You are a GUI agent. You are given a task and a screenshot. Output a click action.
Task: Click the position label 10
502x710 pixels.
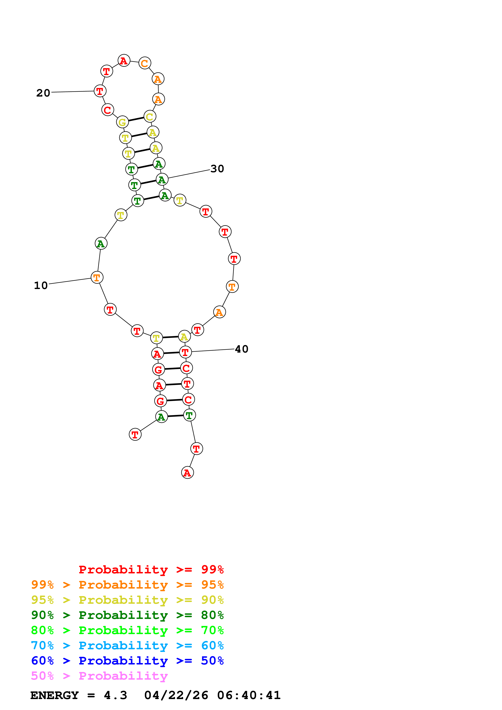click(41, 285)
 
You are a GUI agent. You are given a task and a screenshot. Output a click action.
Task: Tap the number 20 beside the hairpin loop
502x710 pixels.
click(43, 93)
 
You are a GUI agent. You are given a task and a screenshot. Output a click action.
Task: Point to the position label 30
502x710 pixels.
click(217, 169)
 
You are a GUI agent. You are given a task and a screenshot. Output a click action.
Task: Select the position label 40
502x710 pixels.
click(242, 349)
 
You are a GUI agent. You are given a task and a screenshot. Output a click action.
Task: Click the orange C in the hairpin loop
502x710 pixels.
click(145, 63)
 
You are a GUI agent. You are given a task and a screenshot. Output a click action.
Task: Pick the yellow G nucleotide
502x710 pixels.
click(123, 122)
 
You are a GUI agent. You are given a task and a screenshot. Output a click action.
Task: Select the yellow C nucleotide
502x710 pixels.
click(150, 117)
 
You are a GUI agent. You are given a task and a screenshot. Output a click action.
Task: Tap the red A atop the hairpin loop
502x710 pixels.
click(124, 61)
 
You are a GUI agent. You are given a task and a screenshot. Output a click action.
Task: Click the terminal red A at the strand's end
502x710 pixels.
click(187, 473)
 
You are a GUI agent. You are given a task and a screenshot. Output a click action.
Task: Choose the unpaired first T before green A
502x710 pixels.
click(135, 435)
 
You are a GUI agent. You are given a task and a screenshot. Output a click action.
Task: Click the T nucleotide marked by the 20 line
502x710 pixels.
click(100, 91)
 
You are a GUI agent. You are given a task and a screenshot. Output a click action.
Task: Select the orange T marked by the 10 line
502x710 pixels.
click(97, 277)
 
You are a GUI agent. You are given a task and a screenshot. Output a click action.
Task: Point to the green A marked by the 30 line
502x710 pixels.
click(162, 180)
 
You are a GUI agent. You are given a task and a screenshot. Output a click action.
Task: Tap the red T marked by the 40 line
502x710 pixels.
click(185, 352)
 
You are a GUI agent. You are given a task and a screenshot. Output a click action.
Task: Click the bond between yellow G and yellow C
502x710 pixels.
click(136, 119)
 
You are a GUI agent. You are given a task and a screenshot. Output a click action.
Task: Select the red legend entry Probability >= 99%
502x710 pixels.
click(151, 570)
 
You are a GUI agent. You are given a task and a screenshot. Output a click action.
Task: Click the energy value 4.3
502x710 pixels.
click(115, 695)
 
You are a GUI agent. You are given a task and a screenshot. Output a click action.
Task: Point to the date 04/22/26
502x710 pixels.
click(176, 695)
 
